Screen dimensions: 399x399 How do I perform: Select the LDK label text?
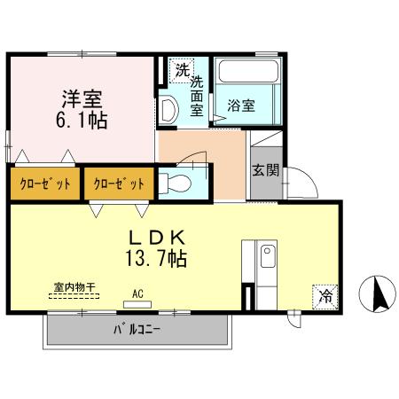pyautogui.click(x=159, y=238)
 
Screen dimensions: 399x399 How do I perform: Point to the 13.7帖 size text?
pyautogui.click(x=159, y=260)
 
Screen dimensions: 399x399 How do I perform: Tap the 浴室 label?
pyautogui.click(x=241, y=106)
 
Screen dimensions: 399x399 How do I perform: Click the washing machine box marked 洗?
pyautogui.click(x=181, y=69)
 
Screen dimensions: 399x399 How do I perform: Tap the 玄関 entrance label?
pyautogui.click(x=260, y=170)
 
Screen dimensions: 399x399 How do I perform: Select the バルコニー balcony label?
pyautogui.click(x=137, y=332)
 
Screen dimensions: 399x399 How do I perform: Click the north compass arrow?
pyautogui.click(x=377, y=293)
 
